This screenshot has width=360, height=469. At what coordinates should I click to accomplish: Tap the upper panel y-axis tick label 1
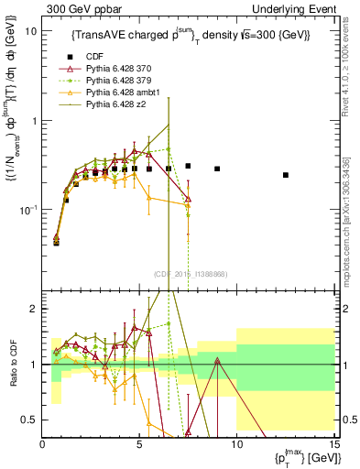click(34, 120)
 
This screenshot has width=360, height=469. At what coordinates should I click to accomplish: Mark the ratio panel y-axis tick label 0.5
click(30, 420)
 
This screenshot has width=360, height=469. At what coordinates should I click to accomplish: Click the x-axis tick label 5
click(139, 444)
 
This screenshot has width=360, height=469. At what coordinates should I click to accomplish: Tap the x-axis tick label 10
click(236, 444)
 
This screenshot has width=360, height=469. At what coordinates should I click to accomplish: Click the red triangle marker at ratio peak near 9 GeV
click(217, 361)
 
